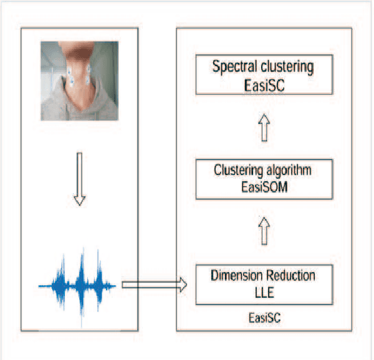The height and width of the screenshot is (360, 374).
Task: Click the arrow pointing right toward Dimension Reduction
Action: coord(153,285)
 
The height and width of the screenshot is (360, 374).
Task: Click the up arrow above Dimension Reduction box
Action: coord(264,231)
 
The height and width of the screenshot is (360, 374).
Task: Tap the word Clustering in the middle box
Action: coord(236,169)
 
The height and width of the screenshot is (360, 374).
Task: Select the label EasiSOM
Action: coord(264,186)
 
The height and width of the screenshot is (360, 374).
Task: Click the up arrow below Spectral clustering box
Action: coord(264,129)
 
